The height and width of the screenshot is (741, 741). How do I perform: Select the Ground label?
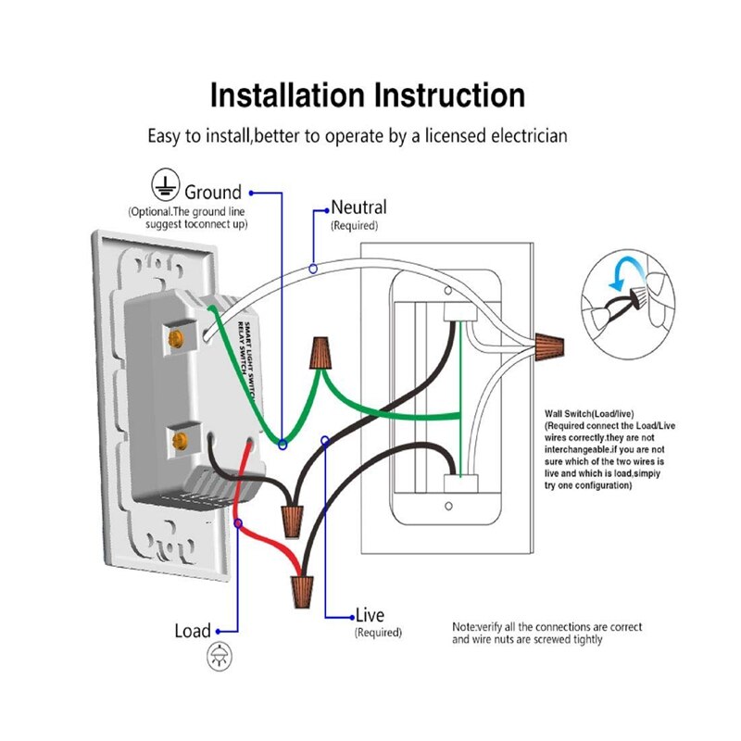tap(213, 193)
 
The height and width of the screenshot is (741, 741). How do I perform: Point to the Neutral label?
tap(358, 207)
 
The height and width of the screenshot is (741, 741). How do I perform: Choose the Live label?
tap(370, 616)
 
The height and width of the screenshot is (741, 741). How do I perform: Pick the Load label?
tap(193, 631)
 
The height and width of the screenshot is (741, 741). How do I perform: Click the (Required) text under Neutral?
tap(354, 225)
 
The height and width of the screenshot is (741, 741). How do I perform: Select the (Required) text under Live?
tap(378, 633)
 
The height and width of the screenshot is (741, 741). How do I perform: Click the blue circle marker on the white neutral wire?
tap(314, 268)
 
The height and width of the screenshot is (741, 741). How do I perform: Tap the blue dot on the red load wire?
tap(240, 525)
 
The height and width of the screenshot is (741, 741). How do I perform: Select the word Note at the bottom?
tap(464, 627)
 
